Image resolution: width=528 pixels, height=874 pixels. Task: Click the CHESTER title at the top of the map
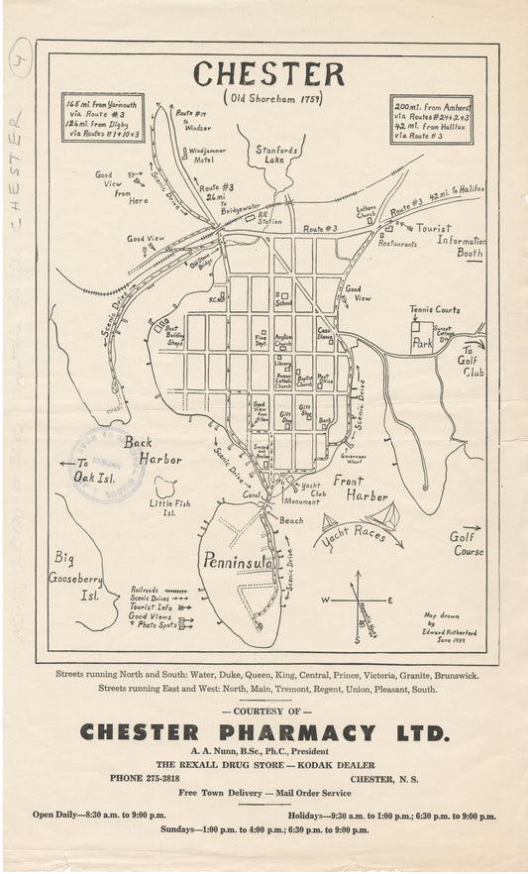[268, 74]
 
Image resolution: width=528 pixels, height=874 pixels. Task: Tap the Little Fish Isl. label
[169, 508]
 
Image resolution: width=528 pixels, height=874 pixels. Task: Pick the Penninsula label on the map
[237, 562]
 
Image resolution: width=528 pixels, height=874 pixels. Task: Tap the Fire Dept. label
[261, 340]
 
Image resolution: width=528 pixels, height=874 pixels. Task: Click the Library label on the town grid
[283, 364]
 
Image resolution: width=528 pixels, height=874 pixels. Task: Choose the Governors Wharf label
[354, 460]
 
